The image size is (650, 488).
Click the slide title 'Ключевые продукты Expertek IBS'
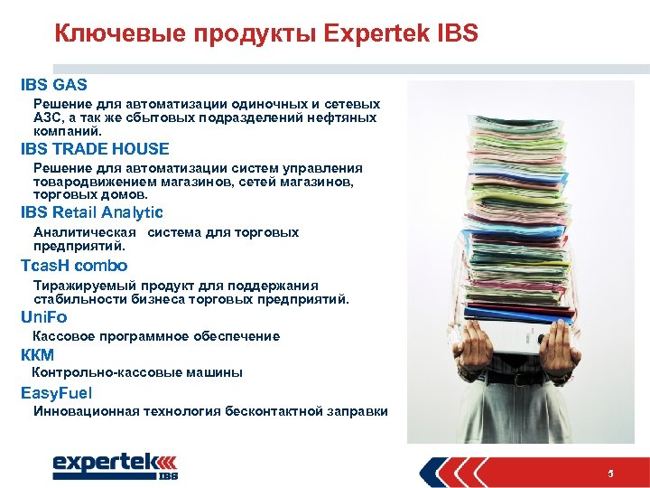[265, 34]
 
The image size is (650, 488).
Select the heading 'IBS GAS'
[54, 85]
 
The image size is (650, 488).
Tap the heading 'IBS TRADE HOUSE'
[95, 149]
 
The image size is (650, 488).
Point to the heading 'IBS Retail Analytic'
[92, 213]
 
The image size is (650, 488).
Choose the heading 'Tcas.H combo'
[74, 266]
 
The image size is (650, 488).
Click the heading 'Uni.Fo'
[44, 317]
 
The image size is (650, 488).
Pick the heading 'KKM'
[38, 354]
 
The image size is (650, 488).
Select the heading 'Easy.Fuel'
[57, 393]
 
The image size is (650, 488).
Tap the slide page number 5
[611, 474]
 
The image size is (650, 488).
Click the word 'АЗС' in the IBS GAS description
[46, 117]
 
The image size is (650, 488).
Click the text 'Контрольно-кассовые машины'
[137, 372]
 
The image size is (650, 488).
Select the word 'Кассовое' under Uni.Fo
[61, 336]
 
